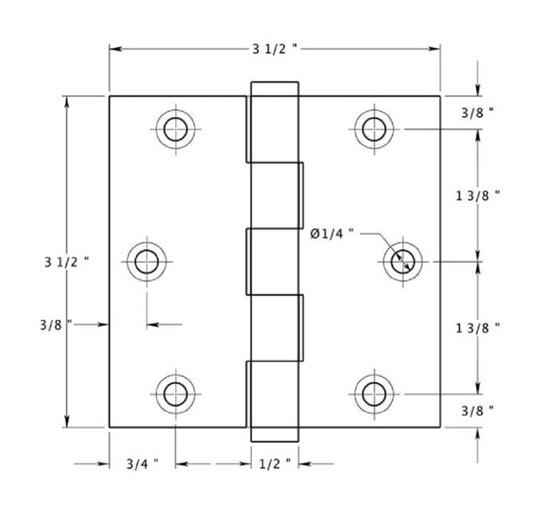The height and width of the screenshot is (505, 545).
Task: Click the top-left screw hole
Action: click(175, 129)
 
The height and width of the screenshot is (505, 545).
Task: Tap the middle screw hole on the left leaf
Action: click(147, 262)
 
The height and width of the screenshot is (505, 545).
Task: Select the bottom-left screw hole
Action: click(175, 394)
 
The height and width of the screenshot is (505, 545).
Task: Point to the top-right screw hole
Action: click(374, 129)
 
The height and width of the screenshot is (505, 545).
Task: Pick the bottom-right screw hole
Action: click(374, 394)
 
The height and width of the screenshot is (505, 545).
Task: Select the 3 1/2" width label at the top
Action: click(275, 49)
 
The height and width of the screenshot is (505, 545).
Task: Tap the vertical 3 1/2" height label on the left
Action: click(66, 262)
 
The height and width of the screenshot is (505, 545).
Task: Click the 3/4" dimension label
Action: click(142, 464)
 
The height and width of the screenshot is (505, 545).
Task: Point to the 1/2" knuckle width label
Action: click(275, 464)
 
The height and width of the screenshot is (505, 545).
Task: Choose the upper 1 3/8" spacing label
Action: click(477, 196)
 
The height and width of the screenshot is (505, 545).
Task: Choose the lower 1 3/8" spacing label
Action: click(477, 328)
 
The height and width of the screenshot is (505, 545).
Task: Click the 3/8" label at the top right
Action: click(477, 113)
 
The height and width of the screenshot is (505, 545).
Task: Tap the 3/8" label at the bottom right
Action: click(477, 411)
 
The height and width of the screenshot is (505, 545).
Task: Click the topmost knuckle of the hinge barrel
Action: click(274, 122)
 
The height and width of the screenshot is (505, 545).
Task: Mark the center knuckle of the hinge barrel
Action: click(274, 262)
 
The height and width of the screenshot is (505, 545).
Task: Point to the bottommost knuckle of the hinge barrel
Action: click(274, 401)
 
